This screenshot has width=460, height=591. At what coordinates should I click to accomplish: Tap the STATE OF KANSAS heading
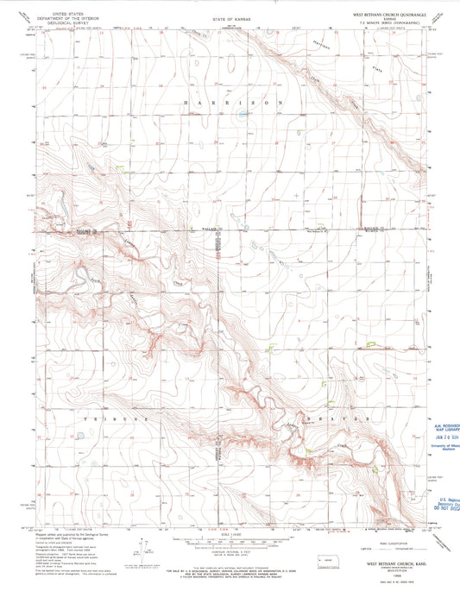coord(230,15)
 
